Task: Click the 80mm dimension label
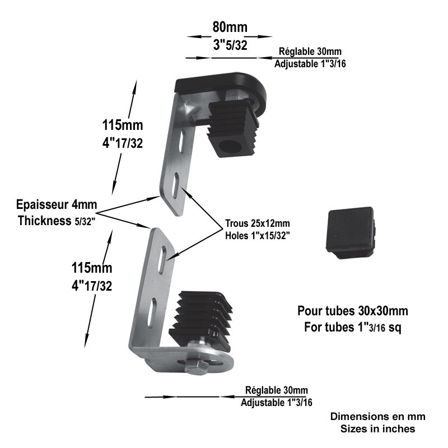point(230,27)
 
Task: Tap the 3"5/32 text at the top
point(230,45)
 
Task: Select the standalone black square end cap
point(351,232)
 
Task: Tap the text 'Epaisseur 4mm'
point(57,204)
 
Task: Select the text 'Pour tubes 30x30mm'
point(353,311)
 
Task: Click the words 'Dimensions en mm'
point(377,416)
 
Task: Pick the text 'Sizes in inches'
point(377,428)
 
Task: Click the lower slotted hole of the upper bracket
point(176,185)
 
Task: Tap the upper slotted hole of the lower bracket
point(162,260)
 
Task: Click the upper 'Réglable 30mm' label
point(310,52)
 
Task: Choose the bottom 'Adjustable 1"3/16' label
point(276,403)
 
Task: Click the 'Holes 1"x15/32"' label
point(258,236)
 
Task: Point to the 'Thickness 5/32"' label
point(57,221)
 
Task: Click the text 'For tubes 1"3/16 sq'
point(353,328)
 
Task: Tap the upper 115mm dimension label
point(123,125)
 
